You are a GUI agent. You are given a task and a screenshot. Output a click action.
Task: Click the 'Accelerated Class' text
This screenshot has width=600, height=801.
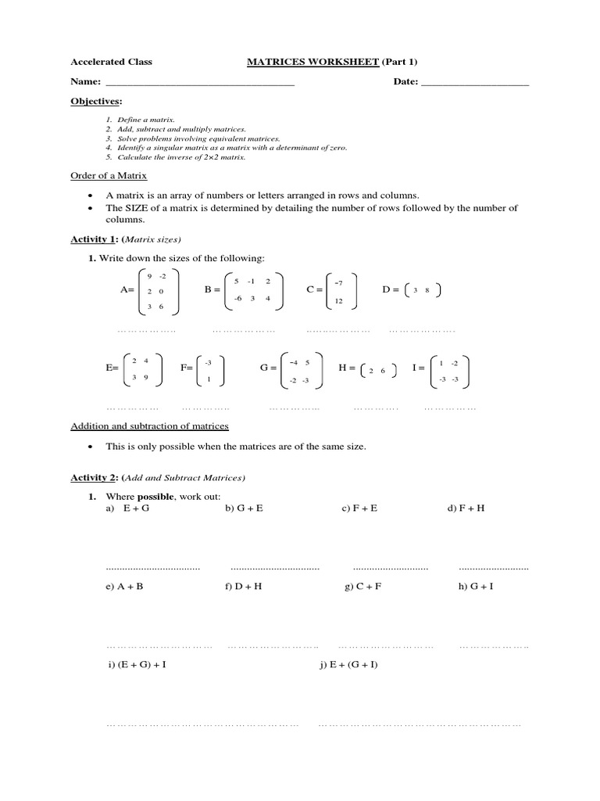112,62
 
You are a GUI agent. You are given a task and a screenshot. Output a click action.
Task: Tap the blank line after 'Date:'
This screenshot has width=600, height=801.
474,82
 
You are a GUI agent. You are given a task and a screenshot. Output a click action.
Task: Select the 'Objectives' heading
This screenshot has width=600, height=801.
96,102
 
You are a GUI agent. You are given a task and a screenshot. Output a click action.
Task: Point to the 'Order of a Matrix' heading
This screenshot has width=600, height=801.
109,176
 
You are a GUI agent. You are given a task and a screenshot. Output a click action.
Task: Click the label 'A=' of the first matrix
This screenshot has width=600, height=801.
127,289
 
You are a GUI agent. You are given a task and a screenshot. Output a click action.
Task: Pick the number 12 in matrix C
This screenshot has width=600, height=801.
338,301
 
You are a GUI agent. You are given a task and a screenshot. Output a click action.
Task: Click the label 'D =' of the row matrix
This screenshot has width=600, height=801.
391,289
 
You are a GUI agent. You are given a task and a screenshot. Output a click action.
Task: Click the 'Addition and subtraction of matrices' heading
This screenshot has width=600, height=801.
149,426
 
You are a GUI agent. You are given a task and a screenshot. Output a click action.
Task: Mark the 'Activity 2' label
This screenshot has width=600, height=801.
92,477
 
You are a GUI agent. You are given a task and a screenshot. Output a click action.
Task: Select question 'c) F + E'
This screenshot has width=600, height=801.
359,508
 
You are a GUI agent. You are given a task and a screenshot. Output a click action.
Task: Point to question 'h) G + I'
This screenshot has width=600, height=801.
476,586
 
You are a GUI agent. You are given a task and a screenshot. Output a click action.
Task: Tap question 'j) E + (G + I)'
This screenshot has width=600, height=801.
348,664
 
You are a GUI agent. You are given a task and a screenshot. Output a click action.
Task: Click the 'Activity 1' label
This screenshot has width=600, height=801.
92,239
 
